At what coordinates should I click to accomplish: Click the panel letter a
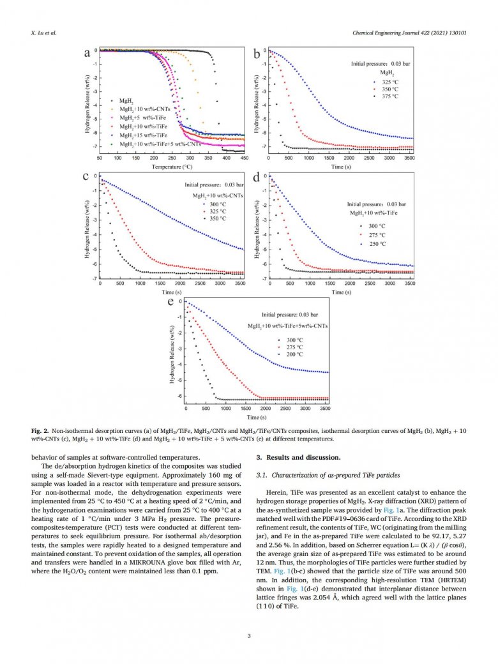pyautogui.click(x=87, y=54)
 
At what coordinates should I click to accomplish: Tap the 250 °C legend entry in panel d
pyautogui.click(x=378, y=244)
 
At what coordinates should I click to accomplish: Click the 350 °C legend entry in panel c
pyautogui.click(x=213, y=218)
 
